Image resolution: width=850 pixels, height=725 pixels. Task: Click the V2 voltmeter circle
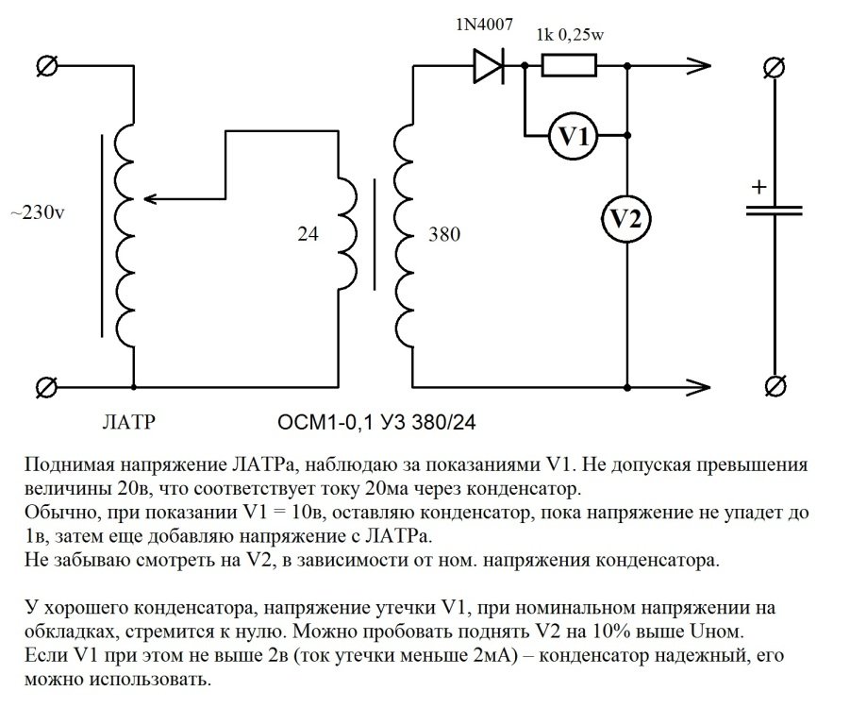(x=627, y=219)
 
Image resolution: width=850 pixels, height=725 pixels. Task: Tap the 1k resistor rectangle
(x=569, y=65)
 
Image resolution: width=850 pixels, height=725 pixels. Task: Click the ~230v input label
(x=38, y=213)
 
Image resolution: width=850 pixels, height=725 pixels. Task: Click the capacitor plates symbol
(x=774, y=213)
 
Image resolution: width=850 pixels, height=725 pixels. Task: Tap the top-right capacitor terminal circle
(x=774, y=65)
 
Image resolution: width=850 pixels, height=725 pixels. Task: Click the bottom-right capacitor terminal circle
(x=774, y=386)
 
